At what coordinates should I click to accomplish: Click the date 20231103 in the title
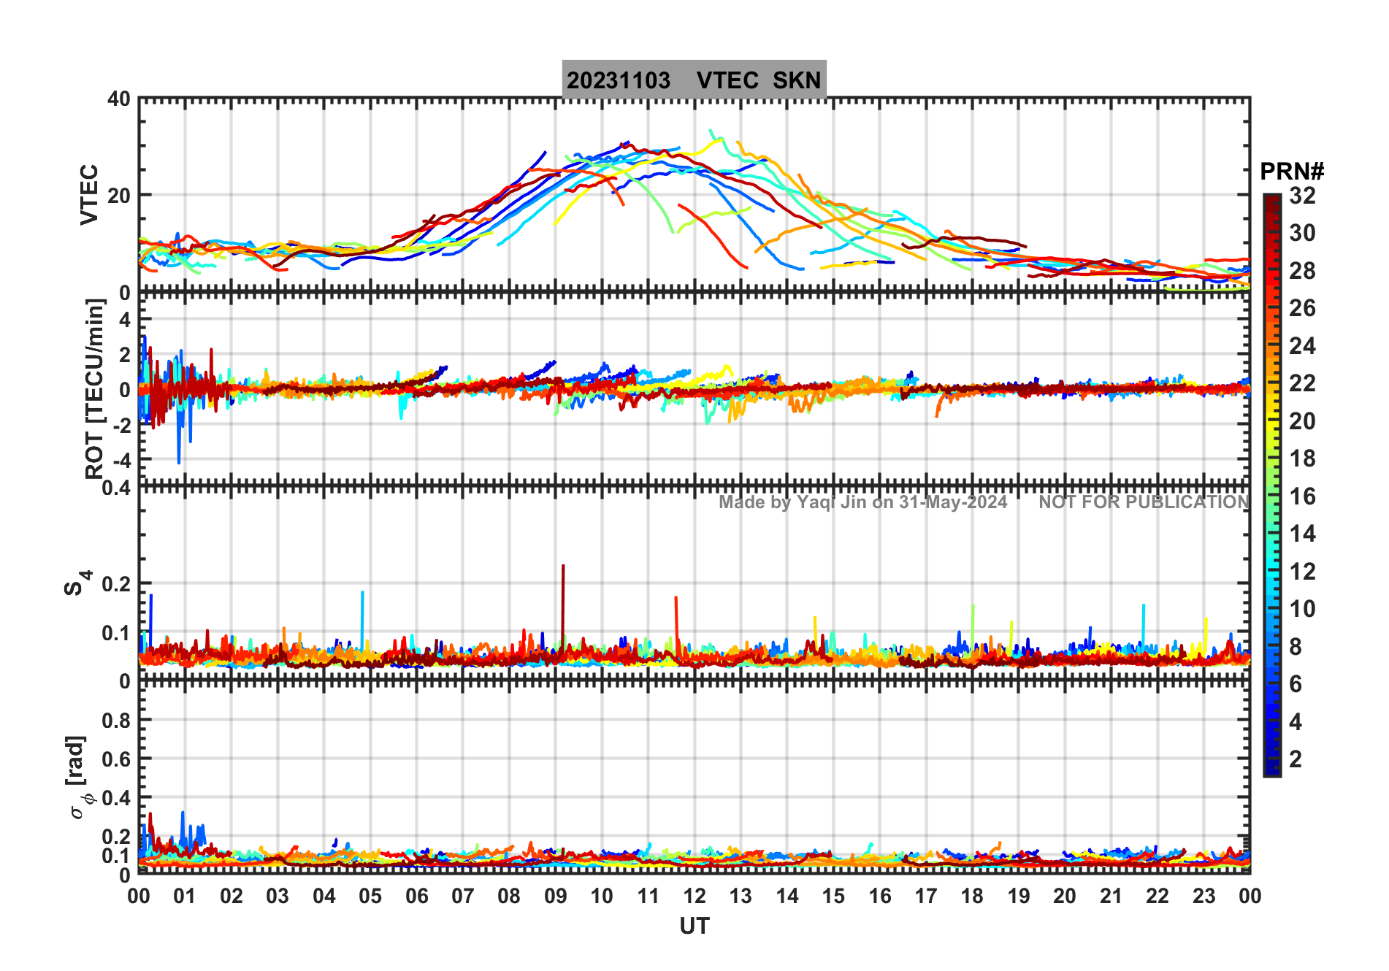coord(619,80)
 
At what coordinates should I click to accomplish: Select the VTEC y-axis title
coord(89,194)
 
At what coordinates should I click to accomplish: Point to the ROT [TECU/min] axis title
coord(94,388)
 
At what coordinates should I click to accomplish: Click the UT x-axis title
coord(694,926)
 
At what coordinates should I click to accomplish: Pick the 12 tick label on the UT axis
coord(694,896)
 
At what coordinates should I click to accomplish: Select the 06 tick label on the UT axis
coord(416,896)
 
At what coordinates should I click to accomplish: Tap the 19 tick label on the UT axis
coord(1018,896)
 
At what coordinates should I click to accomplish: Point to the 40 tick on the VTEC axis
coord(119,99)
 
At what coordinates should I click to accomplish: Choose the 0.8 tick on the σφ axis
coord(117,720)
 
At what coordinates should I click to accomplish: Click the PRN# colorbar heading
coord(1292,172)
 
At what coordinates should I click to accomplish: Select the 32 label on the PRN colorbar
coord(1302,196)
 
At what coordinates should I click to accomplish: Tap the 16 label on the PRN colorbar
coord(1302,496)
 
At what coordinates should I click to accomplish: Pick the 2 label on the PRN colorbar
coord(1296,759)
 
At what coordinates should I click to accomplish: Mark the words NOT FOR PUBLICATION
coord(1144,502)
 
